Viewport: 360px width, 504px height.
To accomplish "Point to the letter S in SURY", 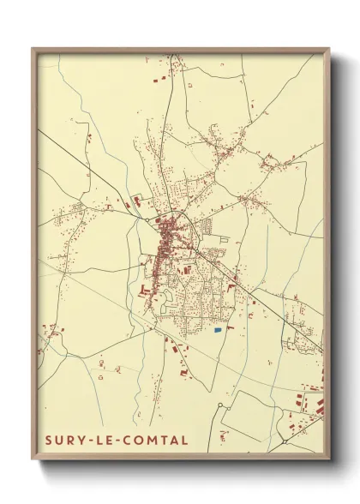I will coord(50,441).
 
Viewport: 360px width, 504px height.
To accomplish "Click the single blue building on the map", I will coord(218,329).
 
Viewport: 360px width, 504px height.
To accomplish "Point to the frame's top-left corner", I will coord(33,49).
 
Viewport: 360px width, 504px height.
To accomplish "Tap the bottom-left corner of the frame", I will coord(33,460).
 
